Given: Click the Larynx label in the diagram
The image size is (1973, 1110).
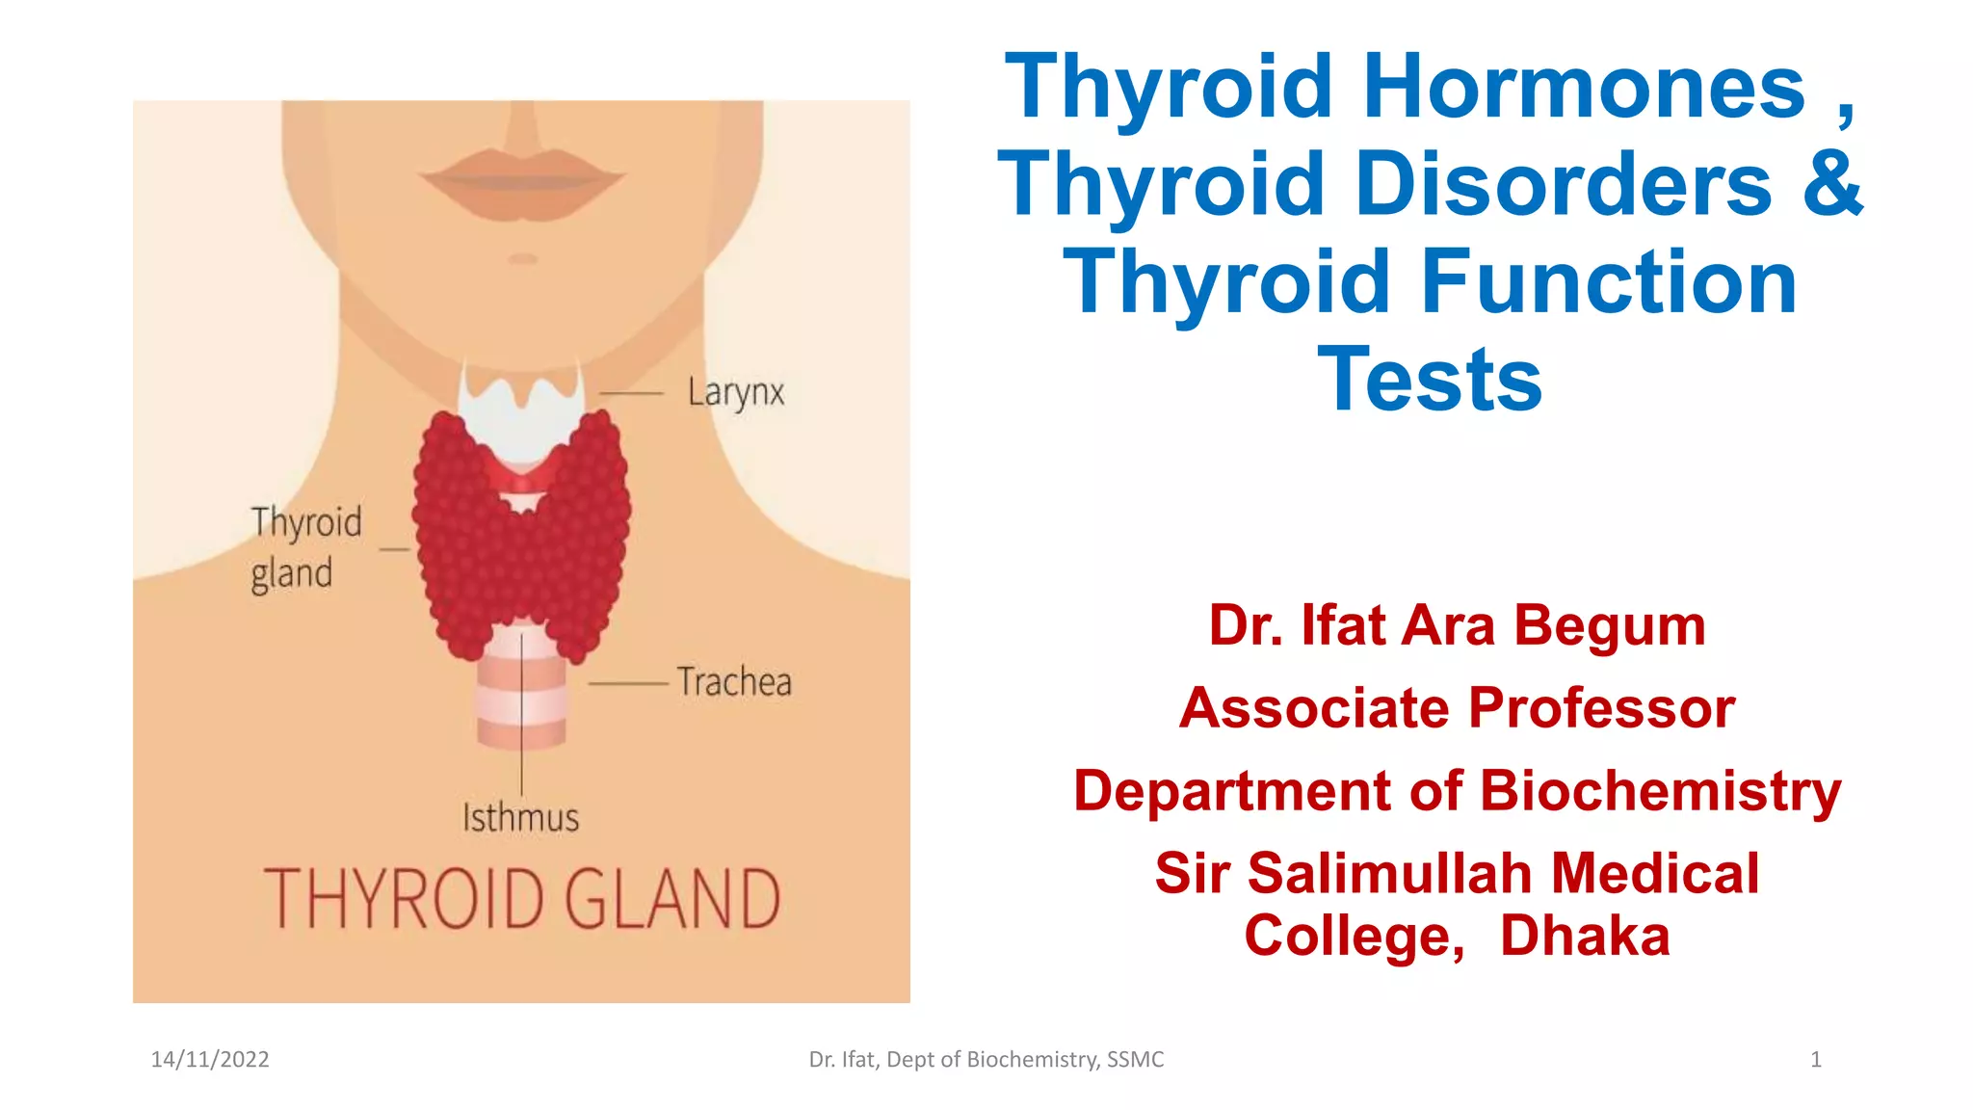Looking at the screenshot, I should tap(736, 393).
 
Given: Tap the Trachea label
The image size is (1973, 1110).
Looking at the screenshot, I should tap(734, 682).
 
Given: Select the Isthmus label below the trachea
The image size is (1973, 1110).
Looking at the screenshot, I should tap(520, 818).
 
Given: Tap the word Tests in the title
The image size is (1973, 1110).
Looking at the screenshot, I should tap(1430, 380).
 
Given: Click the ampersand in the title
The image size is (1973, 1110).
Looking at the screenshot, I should tap(1832, 184).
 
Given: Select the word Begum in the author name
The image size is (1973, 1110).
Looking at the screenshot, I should tap(1609, 625).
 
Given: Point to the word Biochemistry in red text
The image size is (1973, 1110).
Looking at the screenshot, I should tap(1660, 791).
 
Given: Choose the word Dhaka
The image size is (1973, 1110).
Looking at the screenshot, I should tap(1585, 936).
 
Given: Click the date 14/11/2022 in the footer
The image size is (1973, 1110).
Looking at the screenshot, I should tap(210, 1060).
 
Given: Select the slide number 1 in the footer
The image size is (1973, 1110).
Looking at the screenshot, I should tap(1816, 1060).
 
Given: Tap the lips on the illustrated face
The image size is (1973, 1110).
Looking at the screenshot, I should tap(521, 180).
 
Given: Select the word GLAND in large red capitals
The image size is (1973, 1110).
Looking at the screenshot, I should tap(671, 899).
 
